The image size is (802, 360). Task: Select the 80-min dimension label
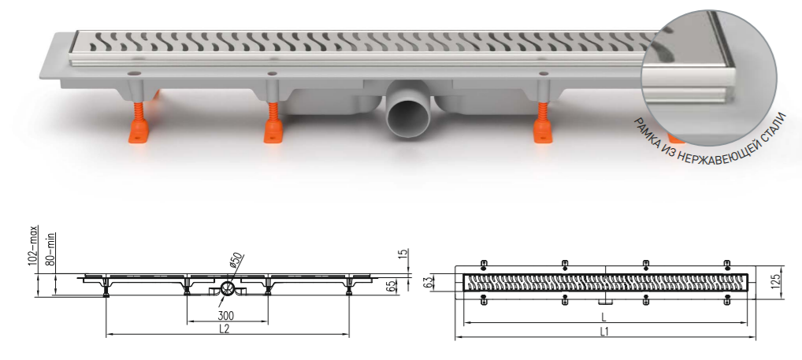[x=51, y=250]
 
